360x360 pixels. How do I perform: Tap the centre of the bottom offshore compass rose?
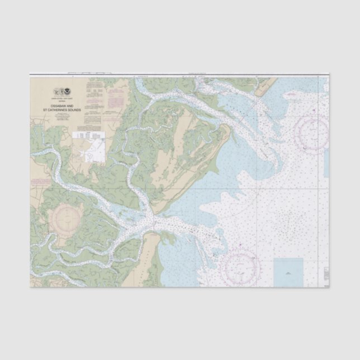pos(240,267)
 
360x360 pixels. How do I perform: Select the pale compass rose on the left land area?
pos(66,219)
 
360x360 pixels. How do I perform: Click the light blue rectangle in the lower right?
pos(288,272)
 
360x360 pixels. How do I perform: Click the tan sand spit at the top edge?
pos(266,84)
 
